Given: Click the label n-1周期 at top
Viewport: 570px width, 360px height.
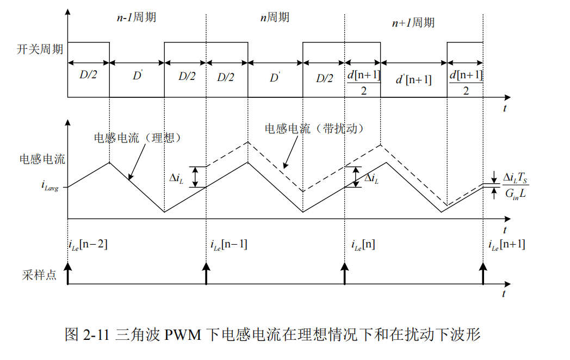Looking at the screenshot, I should point(137,17).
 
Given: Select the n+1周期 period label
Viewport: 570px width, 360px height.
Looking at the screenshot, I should point(413,22).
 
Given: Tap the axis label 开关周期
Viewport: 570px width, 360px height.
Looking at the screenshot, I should point(40,49).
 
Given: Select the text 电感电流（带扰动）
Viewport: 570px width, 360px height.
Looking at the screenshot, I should point(314,129).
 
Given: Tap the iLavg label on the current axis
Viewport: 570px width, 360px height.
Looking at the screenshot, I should point(54,186).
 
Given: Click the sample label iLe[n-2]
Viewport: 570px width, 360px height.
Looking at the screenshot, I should point(88,244).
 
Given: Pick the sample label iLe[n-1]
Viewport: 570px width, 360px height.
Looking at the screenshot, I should point(228,244).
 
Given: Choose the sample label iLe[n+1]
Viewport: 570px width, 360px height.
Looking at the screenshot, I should point(506,244).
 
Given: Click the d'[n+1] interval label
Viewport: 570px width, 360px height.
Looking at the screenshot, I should point(413,79).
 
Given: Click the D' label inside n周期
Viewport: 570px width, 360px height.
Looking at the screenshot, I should point(275,77).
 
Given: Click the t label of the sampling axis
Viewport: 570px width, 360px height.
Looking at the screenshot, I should point(505,294).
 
